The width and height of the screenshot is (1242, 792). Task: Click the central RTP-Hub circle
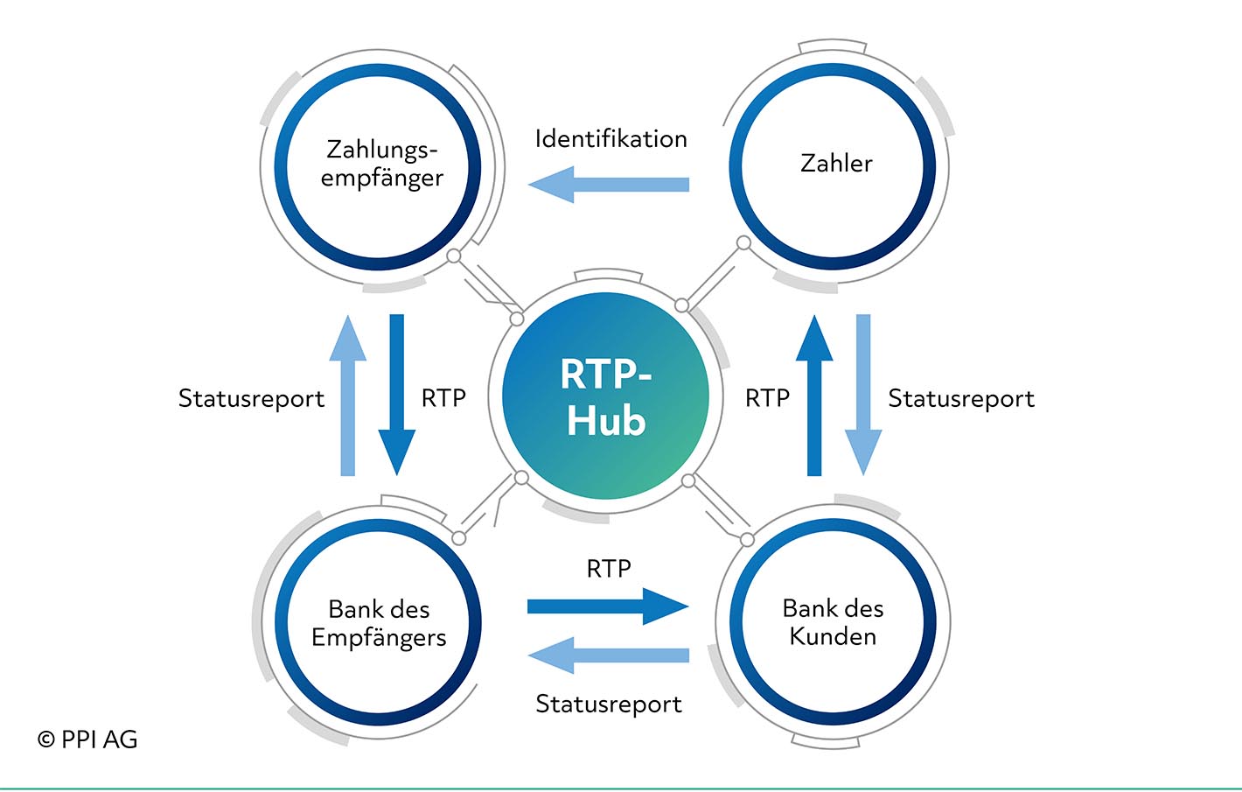point(605,396)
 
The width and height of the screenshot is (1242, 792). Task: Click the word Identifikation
point(611,138)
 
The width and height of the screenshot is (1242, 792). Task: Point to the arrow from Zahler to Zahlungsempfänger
point(608,184)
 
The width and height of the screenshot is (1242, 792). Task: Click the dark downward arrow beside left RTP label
point(397,395)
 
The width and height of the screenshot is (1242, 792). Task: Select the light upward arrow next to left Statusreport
point(347,395)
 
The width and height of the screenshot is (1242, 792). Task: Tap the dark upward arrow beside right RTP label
point(814,395)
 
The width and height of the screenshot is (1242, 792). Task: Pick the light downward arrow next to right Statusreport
point(863,395)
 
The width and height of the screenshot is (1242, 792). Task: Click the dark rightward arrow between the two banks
point(608,606)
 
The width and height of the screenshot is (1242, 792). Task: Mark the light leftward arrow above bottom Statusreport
point(608,655)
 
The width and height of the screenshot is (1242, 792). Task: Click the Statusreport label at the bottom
point(609,704)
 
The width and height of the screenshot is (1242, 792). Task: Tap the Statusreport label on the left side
point(251,398)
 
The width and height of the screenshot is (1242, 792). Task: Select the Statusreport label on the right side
point(961,398)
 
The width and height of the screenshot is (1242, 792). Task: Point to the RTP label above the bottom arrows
point(609,569)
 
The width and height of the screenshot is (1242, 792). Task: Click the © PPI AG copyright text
point(87,739)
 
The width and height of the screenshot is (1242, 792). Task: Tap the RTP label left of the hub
point(443,397)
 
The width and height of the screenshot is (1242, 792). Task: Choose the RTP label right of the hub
point(767,397)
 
